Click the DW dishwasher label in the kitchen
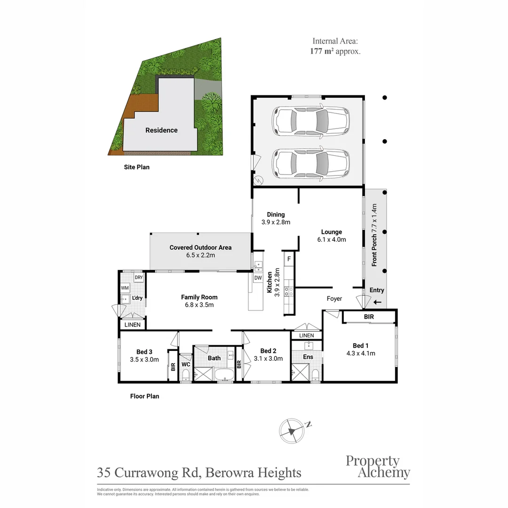258,278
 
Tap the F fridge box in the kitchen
289,259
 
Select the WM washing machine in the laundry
125,288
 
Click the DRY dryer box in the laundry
139,278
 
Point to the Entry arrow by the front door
377,302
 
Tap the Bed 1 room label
360,346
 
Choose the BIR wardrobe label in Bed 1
369,317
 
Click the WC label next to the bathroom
186,365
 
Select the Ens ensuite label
308,357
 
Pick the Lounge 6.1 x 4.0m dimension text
332,240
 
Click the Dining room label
276,214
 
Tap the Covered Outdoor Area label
200,247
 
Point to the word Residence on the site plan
161,130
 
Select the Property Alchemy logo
378,467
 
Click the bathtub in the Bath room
224,374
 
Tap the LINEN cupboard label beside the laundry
133,325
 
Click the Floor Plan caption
144,396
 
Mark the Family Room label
199,297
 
